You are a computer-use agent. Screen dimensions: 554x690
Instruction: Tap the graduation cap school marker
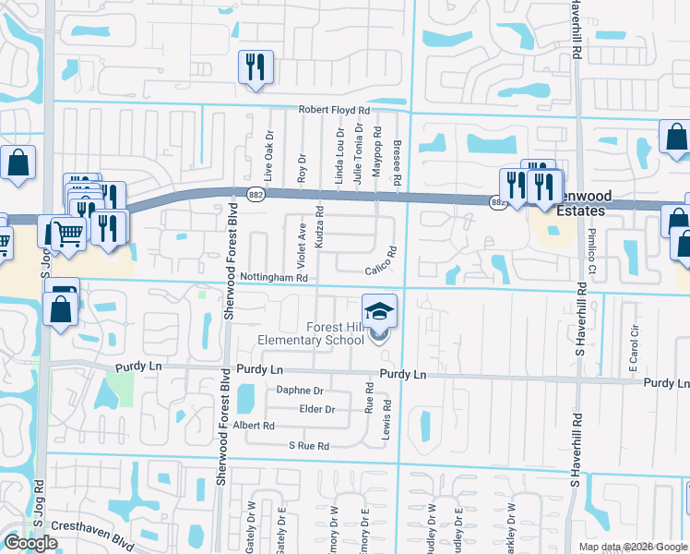click(379, 312)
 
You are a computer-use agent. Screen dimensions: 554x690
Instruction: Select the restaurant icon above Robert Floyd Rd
click(255, 67)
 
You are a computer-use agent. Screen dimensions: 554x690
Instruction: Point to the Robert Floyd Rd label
click(333, 109)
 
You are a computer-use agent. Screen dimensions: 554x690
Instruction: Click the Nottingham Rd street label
click(272, 277)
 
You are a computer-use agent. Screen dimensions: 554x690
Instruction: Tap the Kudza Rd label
click(319, 223)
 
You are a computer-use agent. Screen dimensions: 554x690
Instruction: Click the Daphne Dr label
click(300, 391)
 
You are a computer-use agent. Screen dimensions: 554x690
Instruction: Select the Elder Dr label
click(316, 408)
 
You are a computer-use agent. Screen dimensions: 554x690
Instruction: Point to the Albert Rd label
click(255, 426)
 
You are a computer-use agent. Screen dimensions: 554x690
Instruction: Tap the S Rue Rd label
click(308, 445)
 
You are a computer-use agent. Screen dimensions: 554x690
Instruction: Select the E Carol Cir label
click(634, 348)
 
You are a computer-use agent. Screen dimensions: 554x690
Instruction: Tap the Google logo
click(30, 543)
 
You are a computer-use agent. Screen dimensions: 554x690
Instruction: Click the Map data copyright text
click(633, 547)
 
